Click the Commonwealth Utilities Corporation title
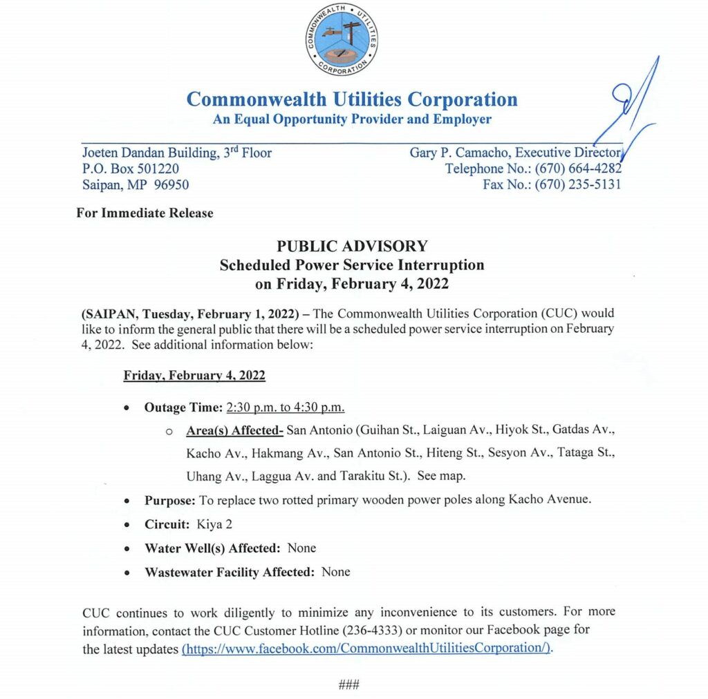click(x=352, y=99)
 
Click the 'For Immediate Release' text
click(x=145, y=213)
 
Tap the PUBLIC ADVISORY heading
click(x=352, y=246)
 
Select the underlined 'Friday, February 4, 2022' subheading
click(x=194, y=376)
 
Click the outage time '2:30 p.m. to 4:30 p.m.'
click(x=286, y=408)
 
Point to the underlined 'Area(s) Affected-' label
click(x=234, y=430)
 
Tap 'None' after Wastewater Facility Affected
click(x=336, y=572)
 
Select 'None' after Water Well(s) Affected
click(x=301, y=548)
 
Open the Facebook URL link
click(x=367, y=649)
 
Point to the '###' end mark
click(x=348, y=684)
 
